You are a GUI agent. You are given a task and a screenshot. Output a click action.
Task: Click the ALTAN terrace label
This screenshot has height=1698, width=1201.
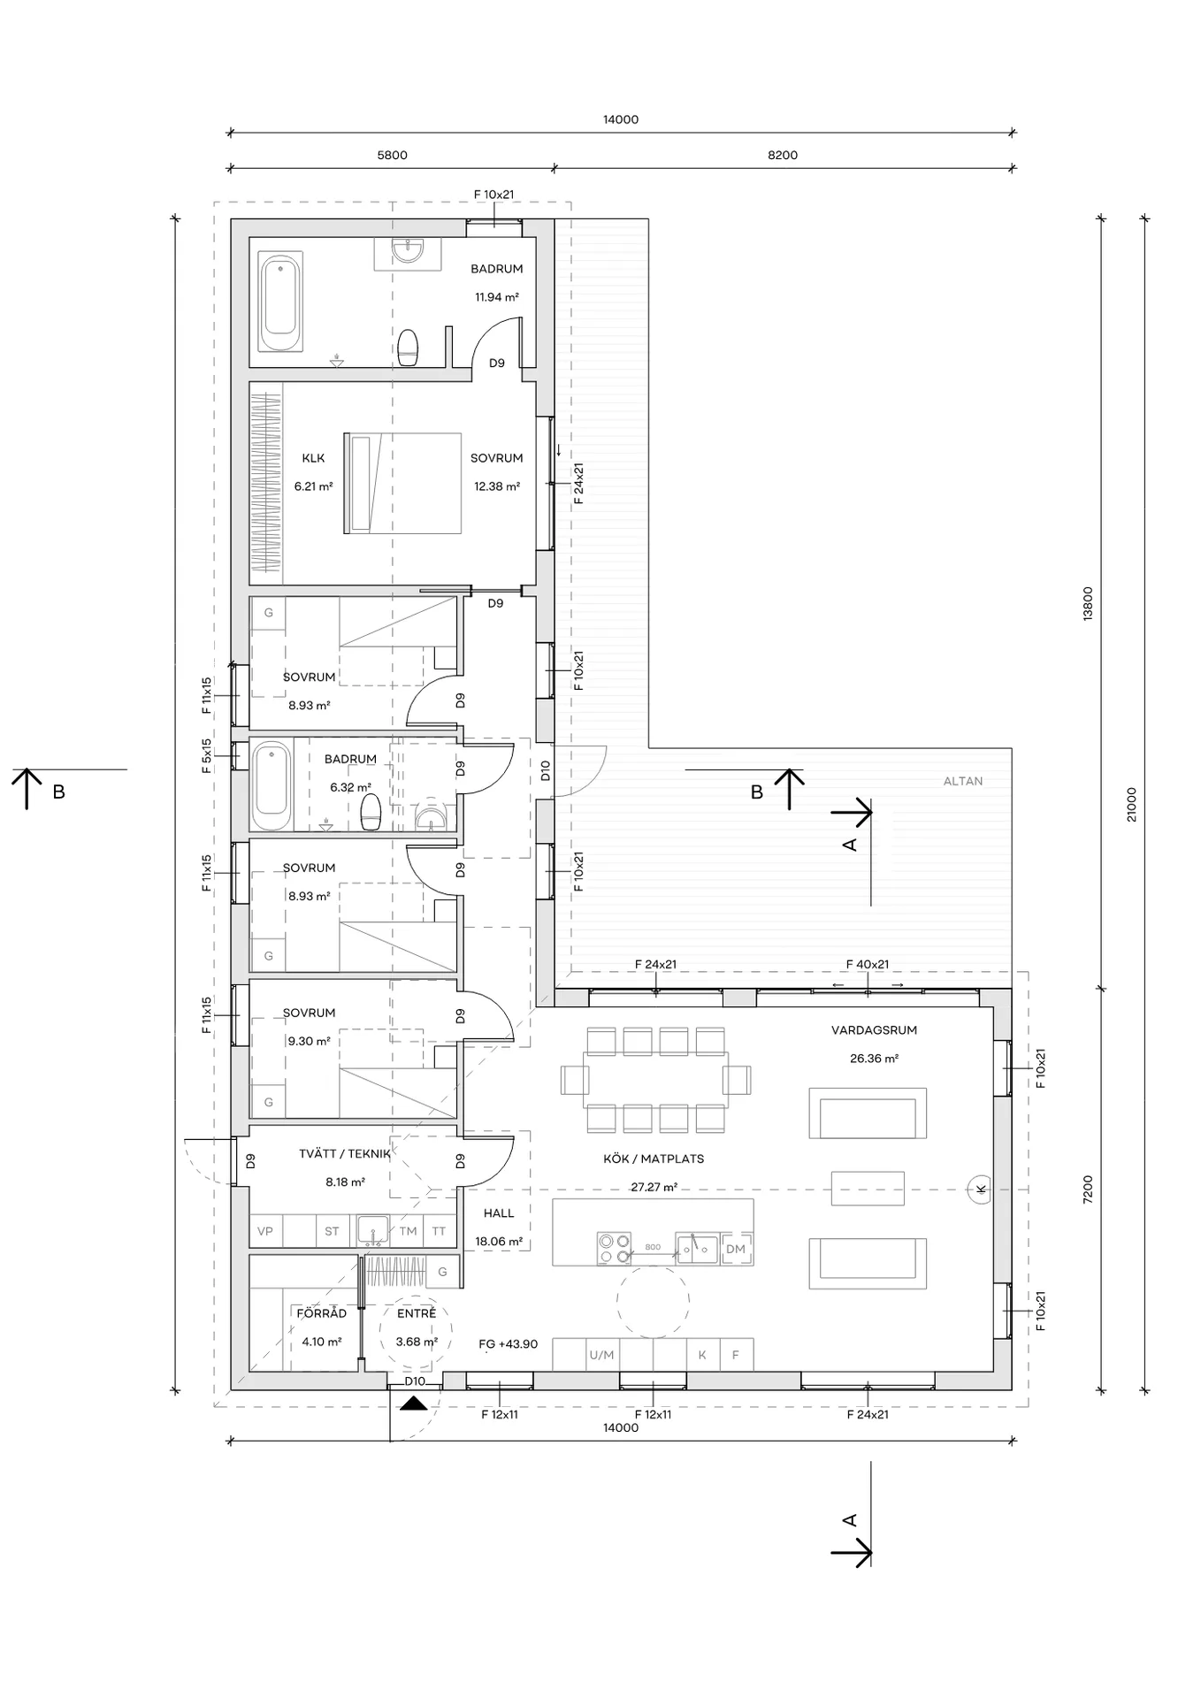962,781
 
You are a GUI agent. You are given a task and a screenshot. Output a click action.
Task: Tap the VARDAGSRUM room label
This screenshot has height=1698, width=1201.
874,1030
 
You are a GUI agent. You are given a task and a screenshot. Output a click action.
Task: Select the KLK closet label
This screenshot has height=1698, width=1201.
313,458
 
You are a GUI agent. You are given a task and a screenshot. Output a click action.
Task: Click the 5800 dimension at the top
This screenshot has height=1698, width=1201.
393,155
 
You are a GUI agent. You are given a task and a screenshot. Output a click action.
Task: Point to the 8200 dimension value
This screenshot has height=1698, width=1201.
783,155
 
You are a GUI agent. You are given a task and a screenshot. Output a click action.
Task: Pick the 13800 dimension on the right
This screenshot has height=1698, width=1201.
1088,603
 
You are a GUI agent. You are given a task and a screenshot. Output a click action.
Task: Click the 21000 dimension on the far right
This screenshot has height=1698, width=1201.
1132,805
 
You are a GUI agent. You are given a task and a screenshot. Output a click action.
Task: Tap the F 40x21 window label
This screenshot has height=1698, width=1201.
868,965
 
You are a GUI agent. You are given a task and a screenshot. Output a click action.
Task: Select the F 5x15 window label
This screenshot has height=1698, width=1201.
207,756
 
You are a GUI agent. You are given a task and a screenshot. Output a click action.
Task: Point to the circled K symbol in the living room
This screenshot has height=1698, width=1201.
980,1189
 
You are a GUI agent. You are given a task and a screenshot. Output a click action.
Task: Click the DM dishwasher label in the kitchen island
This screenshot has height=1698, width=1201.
736,1250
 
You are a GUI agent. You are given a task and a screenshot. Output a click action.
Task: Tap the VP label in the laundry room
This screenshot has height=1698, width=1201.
265,1231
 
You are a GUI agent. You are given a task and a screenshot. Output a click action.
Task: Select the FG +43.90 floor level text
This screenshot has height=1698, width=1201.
509,1344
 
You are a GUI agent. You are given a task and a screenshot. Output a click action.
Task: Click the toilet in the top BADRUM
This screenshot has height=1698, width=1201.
408,348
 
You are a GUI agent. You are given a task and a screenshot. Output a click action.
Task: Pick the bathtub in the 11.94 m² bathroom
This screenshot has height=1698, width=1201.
280,301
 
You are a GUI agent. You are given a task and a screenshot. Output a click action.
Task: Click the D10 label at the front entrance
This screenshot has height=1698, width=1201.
415,1381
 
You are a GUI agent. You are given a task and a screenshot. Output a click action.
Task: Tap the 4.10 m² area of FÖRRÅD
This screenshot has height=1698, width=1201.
322,1342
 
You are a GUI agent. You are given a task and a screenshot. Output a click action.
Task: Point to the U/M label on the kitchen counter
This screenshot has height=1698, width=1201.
601,1355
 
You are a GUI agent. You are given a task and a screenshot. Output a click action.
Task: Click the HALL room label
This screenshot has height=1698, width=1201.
499,1213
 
